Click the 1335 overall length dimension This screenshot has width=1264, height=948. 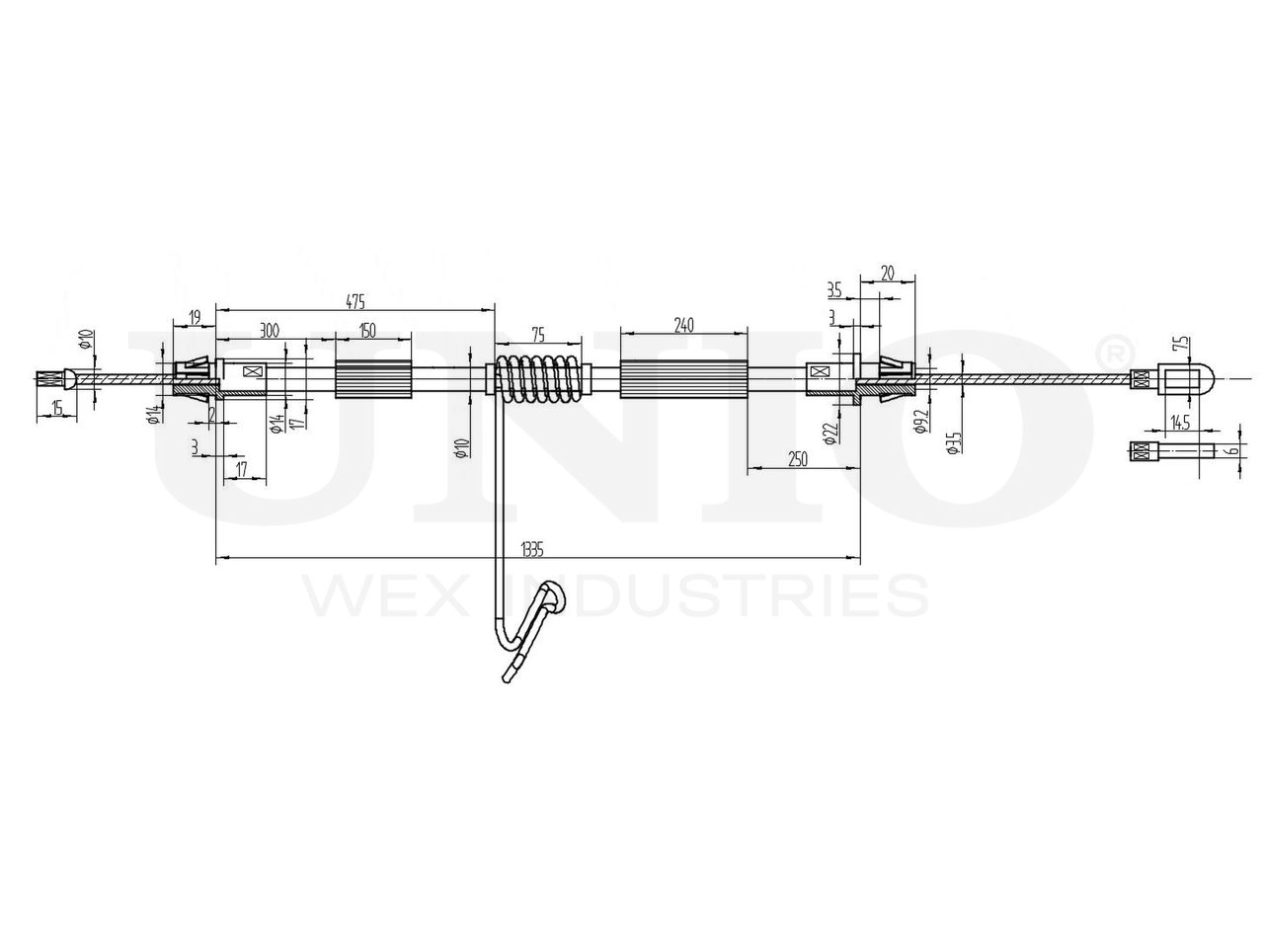pyautogui.click(x=532, y=550)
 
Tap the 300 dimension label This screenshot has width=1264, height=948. pyautogui.click(x=268, y=331)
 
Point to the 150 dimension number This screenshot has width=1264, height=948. pyautogui.click(x=367, y=331)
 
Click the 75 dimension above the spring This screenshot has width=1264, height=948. pyautogui.click(x=538, y=335)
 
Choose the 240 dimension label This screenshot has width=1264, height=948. pyautogui.click(x=683, y=325)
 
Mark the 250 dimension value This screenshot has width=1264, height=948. pyautogui.click(x=798, y=458)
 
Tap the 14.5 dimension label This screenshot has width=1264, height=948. pyautogui.click(x=1178, y=421)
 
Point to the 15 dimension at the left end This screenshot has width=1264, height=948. pyautogui.click(x=56, y=408)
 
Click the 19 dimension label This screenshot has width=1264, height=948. pyautogui.click(x=195, y=316)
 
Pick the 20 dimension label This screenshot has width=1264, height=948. pyautogui.click(x=887, y=274)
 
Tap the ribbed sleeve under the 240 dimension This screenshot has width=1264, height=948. pyautogui.click(x=683, y=379)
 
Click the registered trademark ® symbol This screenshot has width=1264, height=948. pyautogui.click(x=1111, y=351)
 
